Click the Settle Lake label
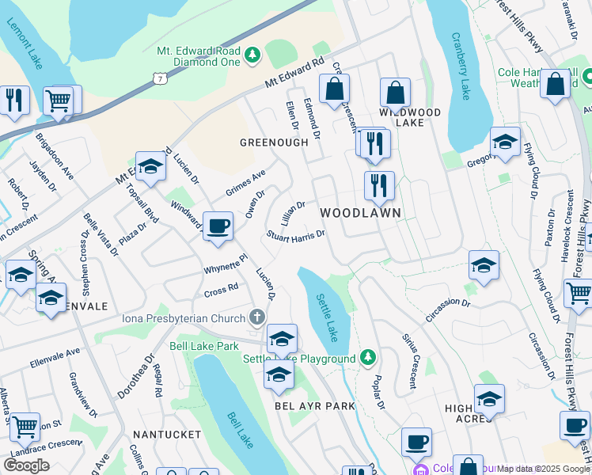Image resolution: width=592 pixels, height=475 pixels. [327, 319]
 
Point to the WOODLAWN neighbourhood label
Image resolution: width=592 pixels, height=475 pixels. [360, 214]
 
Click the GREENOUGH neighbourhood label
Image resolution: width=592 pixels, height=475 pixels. [274, 142]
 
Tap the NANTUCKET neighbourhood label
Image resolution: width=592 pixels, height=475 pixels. [168, 435]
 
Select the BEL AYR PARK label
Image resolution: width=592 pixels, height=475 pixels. [315, 406]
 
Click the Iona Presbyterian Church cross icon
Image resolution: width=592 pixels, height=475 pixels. [256, 318]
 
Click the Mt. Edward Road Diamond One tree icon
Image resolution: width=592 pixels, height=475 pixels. [252, 55]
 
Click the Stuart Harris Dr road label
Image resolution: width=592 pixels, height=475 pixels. [296, 235]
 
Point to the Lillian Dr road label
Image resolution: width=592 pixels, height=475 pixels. [292, 211]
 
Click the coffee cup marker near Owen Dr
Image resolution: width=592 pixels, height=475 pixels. [218, 226]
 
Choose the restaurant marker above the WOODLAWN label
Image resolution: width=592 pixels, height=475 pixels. [379, 186]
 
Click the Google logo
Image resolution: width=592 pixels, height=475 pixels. [27, 465]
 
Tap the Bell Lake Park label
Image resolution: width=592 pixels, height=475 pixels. [204, 346]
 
